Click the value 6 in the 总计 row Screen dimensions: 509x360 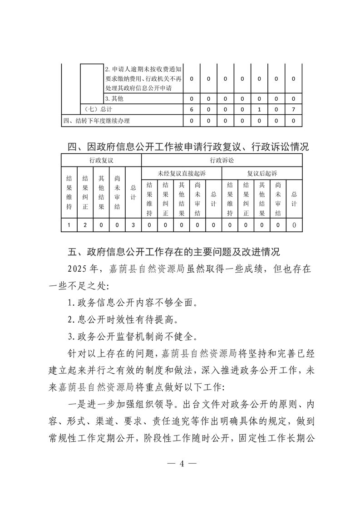191,109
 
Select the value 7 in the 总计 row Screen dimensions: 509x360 294,109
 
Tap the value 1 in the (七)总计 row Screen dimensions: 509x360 259,109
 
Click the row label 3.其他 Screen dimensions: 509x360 114,98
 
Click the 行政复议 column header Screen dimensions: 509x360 101,160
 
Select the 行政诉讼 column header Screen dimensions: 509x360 222,160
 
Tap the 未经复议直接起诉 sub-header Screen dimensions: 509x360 181,173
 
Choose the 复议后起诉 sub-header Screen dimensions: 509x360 262,173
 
